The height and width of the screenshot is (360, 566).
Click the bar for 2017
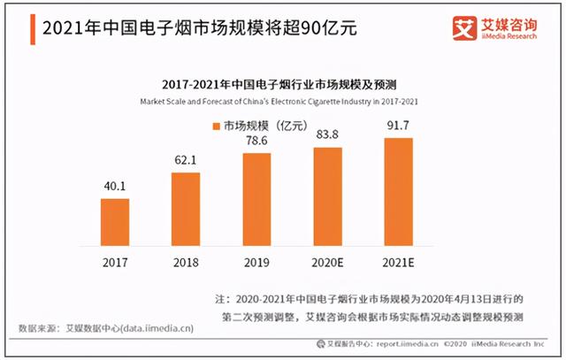[115, 225]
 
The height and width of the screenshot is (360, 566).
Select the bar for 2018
[186, 211]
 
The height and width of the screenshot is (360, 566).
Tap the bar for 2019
[256, 202]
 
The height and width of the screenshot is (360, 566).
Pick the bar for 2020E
[328, 199]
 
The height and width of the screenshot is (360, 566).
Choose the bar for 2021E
[398, 194]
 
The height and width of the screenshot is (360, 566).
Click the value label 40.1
[115, 188]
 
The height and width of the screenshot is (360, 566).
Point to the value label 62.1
[186, 161]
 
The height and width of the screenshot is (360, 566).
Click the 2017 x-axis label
[115, 263]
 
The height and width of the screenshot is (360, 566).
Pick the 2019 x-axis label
[256, 263]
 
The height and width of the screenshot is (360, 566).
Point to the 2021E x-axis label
[399, 263]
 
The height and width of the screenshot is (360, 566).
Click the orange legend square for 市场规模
[216, 126]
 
